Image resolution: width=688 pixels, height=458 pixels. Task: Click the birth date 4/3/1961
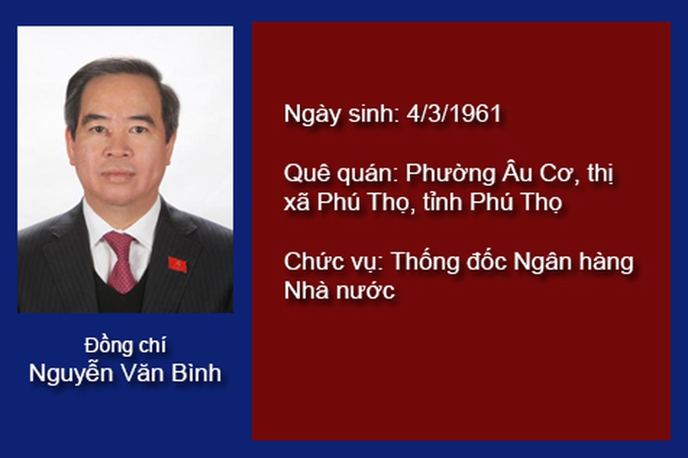(x=454, y=113)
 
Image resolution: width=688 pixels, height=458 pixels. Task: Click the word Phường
(x=449, y=174)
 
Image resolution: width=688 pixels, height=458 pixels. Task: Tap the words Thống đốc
(x=448, y=260)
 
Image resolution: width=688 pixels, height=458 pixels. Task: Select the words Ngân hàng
(x=574, y=262)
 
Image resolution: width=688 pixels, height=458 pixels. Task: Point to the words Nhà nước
(x=340, y=291)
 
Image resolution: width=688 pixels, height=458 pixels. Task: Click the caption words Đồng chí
(x=125, y=345)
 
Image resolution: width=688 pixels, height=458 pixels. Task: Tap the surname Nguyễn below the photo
(x=70, y=374)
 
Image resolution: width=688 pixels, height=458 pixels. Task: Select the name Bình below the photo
(x=197, y=372)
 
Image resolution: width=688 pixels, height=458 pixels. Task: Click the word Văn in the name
(x=142, y=372)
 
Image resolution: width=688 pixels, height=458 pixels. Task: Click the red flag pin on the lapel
(x=177, y=264)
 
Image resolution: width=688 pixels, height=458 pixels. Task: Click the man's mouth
(x=119, y=174)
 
